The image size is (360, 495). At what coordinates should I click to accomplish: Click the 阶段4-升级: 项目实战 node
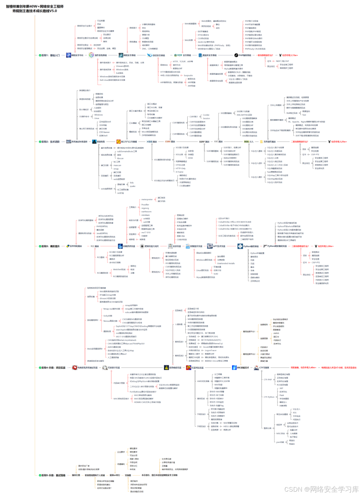[53, 368]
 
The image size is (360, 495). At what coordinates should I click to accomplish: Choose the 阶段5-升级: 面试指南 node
[53, 475]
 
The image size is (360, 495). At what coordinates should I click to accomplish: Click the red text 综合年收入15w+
[290, 55]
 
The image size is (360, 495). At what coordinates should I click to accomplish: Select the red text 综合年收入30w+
[325, 247]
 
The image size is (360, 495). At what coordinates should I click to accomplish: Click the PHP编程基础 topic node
[245, 55]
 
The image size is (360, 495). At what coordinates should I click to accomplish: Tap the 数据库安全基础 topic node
[209, 55]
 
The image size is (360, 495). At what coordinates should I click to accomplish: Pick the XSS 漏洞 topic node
[152, 142]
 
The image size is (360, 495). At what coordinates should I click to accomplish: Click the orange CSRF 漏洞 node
[170, 142]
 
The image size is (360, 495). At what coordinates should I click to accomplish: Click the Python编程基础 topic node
[251, 247]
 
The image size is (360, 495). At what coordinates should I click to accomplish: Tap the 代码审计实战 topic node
[113, 368]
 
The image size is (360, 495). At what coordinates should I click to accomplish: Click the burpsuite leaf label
[188, 76]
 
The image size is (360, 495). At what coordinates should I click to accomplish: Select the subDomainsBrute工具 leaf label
[127, 151]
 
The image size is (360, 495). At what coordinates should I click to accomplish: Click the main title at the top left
[35, 9]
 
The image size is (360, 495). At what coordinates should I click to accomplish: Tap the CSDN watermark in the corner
[321, 489]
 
